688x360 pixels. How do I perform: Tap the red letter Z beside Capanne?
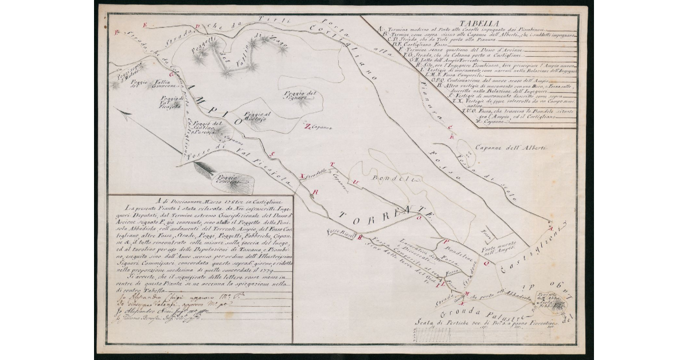(x=307, y=127)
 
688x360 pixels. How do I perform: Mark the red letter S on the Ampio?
(x=273, y=153)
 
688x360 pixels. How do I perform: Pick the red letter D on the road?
(x=197, y=26)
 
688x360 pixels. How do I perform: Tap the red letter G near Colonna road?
(x=171, y=75)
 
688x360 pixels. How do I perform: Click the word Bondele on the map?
(x=389, y=179)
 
